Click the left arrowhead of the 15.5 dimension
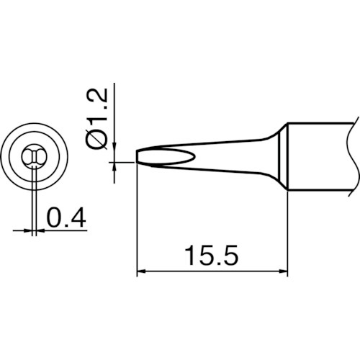pyautogui.click(x=142, y=271)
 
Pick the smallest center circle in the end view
pyautogui.click(x=33, y=156)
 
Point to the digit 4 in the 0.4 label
pyautogui.click(x=78, y=217)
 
